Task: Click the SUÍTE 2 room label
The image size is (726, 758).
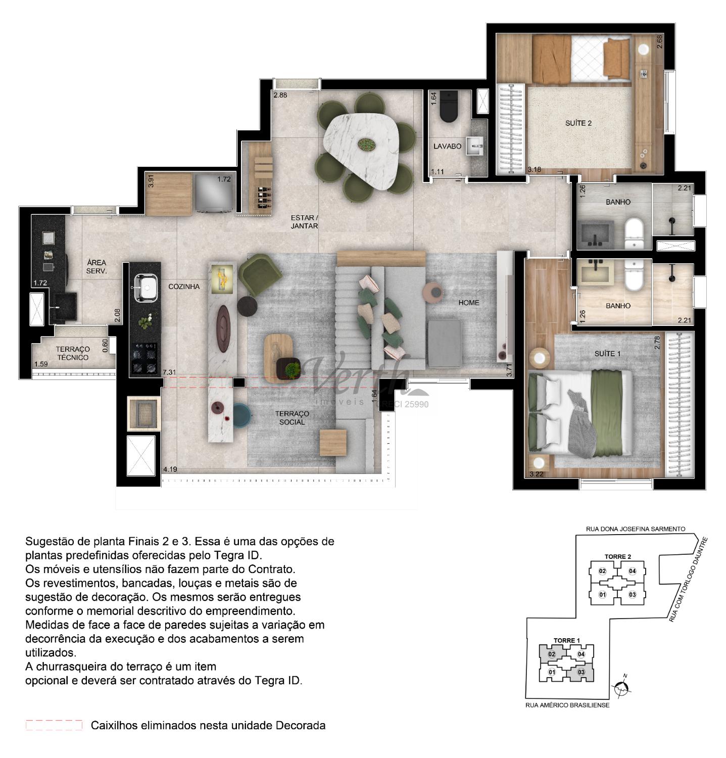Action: (578, 123)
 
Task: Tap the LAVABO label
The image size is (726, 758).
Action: (448, 146)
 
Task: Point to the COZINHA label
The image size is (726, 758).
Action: (184, 287)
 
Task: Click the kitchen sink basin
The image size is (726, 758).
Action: (145, 289)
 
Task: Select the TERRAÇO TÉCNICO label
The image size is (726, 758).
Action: (73, 353)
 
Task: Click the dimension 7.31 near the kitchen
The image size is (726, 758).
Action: (169, 372)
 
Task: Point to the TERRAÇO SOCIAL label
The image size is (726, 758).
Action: (292, 417)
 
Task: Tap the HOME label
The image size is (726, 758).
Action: (468, 303)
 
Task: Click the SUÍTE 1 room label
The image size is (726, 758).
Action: (607, 354)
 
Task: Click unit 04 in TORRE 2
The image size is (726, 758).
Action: (632, 571)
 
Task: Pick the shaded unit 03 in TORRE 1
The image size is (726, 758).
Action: (581, 672)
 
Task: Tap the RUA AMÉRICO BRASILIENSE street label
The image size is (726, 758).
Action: (567, 705)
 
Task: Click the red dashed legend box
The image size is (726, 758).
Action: (54, 725)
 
